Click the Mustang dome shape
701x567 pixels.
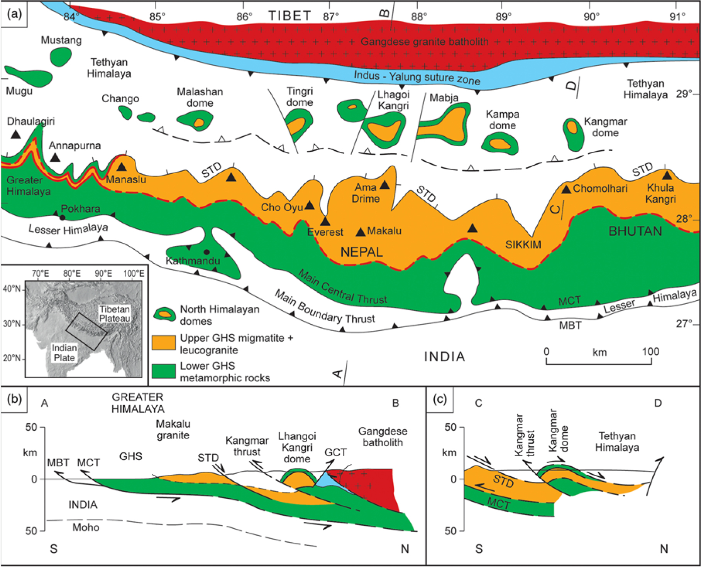pyautogui.click(x=61, y=57)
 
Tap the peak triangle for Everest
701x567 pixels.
pyautogui.click(x=325, y=222)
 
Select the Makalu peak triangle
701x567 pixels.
pyautogui.click(x=360, y=232)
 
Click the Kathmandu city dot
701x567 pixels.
pyautogui.click(x=207, y=252)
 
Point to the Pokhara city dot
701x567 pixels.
pyautogui.click(x=63, y=218)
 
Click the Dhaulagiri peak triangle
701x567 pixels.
pyautogui.click(x=15, y=134)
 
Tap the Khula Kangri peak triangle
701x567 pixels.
pyautogui.click(x=667, y=175)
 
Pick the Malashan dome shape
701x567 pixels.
pyautogui.click(x=196, y=120)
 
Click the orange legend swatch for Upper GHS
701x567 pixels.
pyautogui.click(x=163, y=342)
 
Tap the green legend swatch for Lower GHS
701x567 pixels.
pyautogui.click(x=163, y=371)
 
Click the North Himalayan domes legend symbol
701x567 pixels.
pyautogui.click(x=165, y=314)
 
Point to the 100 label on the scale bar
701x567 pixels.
pyautogui.click(x=650, y=352)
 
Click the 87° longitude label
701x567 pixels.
pyautogui.click(x=331, y=17)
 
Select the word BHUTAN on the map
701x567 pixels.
pyautogui.click(x=635, y=231)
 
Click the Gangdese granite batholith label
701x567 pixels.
pyautogui.click(x=425, y=42)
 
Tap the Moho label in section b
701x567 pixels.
pyautogui.click(x=86, y=527)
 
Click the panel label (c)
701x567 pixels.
pyautogui.click(x=440, y=399)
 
